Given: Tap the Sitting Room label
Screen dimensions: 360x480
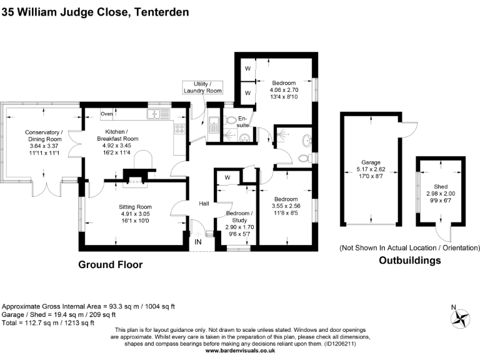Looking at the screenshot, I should tap(136, 207).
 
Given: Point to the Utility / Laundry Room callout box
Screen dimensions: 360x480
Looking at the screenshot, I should tap(202, 87).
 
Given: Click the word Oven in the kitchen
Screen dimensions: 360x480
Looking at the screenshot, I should tap(106, 114).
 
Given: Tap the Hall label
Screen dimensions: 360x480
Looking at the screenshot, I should tap(204, 204).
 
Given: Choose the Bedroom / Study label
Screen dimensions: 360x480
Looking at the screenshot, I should tap(240, 216).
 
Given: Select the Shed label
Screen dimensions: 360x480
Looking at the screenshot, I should tap(441, 187).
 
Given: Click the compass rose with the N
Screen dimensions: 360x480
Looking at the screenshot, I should tap(461, 318).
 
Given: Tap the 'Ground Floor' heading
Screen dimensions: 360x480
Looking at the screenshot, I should tap(110, 265).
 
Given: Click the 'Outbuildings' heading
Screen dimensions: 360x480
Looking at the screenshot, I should tap(410, 261).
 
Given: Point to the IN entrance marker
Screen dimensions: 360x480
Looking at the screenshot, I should tap(197, 242).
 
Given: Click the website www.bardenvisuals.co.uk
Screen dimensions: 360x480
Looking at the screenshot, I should tap(240, 351).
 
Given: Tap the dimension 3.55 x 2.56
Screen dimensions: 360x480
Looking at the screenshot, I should tap(286, 206).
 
